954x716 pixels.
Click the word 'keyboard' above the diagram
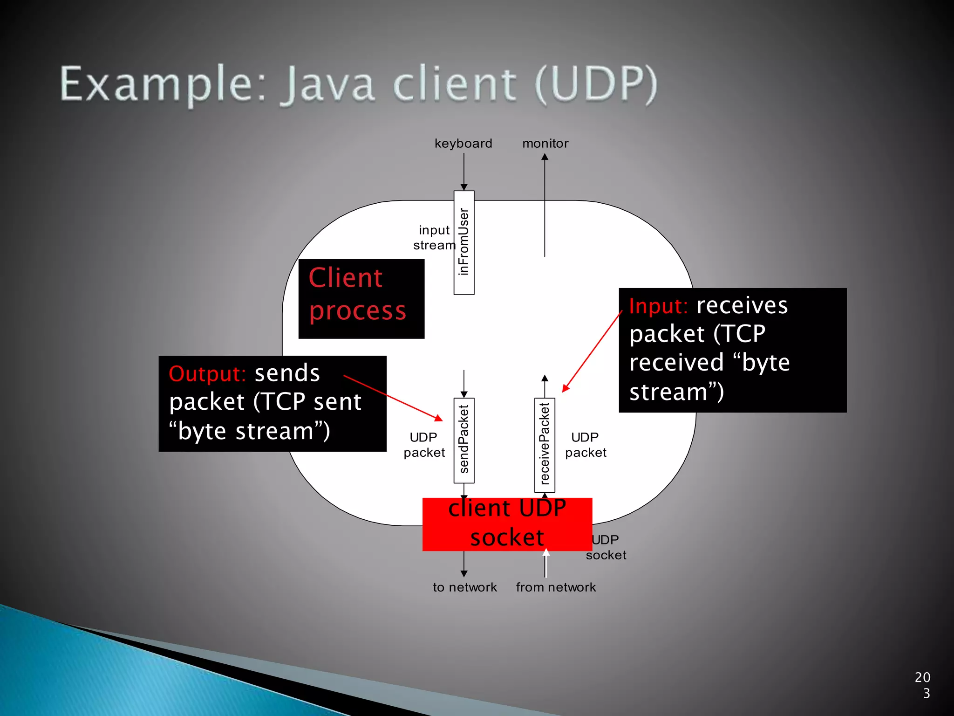click(x=463, y=143)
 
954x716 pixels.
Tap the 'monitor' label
click(x=545, y=143)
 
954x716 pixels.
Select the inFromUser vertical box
click(x=464, y=242)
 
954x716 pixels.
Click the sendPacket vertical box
click(x=464, y=440)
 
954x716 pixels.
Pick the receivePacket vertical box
click(x=545, y=445)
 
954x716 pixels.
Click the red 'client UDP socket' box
click(x=507, y=523)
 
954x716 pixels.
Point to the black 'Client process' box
click(x=361, y=298)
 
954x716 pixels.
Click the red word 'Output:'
click(x=207, y=374)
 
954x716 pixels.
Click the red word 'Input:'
click(x=658, y=306)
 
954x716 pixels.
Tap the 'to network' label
click(x=464, y=587)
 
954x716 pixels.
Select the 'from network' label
click(x=556, y=587)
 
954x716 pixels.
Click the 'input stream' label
click(x=434, y=237)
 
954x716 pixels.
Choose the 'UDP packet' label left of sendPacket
click(x=424, y=445)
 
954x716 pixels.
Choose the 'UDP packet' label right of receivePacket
click(x=586, y=445)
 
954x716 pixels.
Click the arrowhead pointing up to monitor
click(x=545, y=157)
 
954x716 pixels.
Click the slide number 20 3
click(x=923, y=685)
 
